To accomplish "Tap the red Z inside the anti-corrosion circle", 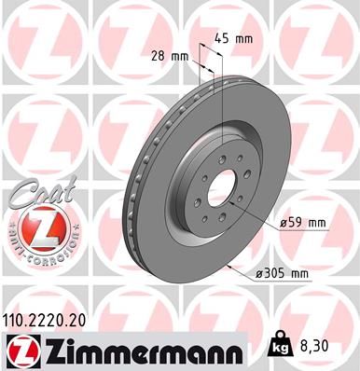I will [37, 228].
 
